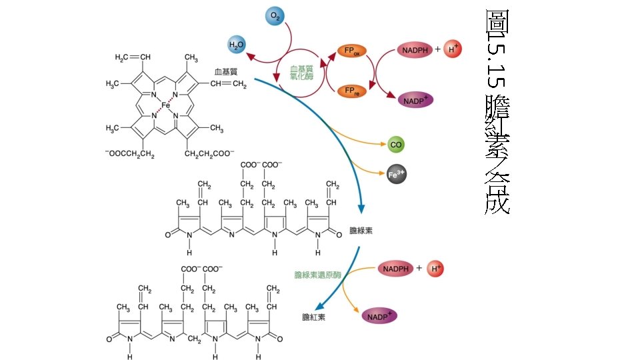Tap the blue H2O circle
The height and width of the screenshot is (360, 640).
pos(237,45)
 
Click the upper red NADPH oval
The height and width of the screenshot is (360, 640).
pos(415,50)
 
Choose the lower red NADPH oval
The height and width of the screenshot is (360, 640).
pos(395,269)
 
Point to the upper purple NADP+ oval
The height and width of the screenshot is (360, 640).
pos(416,100)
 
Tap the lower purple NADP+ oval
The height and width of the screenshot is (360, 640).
pos(379,316)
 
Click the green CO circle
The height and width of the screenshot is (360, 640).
pos(395,144)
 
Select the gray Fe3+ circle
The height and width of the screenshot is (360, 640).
pos(396,175)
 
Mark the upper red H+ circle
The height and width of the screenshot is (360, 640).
pos(454,49)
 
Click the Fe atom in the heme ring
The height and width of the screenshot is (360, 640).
pos(166,105)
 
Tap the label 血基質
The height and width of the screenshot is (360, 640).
pos(225,71)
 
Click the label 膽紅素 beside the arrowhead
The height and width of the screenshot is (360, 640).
pos(313,317)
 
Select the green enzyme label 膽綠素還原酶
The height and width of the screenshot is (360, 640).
pos(317,275)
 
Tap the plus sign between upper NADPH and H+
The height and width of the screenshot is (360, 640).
pos(438,49)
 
